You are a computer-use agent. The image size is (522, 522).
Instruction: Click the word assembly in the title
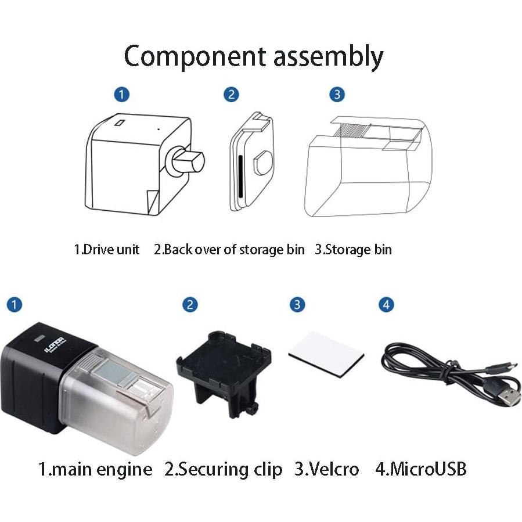(x=326, y=57)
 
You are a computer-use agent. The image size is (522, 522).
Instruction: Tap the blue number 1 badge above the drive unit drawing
(x=121, y=94)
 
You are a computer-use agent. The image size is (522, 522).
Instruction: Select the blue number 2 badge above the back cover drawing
(x=231, y=94)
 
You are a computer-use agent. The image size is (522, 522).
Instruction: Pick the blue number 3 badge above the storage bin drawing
(x=337, y=94)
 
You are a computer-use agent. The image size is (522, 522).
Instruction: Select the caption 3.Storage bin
(x=353, y=250)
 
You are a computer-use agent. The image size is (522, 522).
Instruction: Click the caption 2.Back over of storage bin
(x=229, y=250)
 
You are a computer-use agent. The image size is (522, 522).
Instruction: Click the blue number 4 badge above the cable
(x=386, y=304)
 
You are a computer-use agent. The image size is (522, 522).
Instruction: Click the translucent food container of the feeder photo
(x=122, y=401)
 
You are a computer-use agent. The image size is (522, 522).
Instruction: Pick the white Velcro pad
(x=325, y=354)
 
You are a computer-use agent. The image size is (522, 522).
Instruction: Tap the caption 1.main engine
(x=95, y=469)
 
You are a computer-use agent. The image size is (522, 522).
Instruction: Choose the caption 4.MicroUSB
(x=420, y=469)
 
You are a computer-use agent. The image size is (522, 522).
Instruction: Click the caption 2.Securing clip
(x=224, y=469)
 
